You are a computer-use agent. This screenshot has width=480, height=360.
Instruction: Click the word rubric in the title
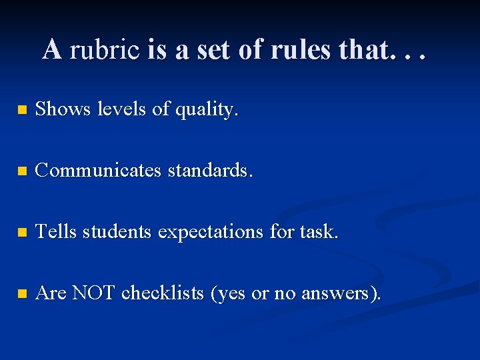(x=105, y=49)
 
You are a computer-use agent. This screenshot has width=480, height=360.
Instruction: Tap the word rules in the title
(x=299, y=49)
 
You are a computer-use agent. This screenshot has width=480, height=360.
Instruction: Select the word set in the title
(x=216, y=49)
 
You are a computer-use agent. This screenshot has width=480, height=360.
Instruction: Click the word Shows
(x=63, y=109)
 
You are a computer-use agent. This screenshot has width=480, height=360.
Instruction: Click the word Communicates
(x=98, y=171)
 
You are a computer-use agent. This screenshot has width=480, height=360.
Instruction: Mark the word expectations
(x=211, y=233)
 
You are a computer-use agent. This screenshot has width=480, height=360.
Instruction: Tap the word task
(x=319, y=232)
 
